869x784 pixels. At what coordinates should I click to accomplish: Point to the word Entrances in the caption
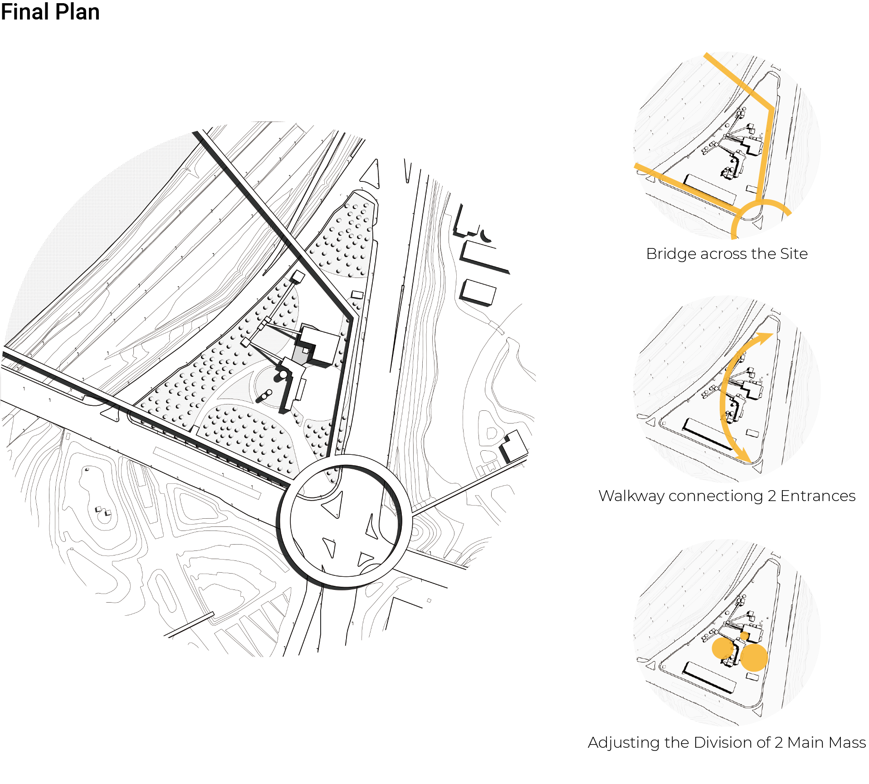[x=818, y=496]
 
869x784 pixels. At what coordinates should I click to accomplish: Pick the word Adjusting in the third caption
[x=624, y=743]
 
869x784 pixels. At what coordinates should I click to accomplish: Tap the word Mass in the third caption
[x=850, y=742]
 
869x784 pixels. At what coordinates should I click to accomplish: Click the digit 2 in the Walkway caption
[x=772, y=496]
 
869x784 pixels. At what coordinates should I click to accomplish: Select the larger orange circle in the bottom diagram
[x=754, y=657]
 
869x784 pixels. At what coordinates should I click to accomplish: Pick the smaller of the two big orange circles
[x=723, y=648]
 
